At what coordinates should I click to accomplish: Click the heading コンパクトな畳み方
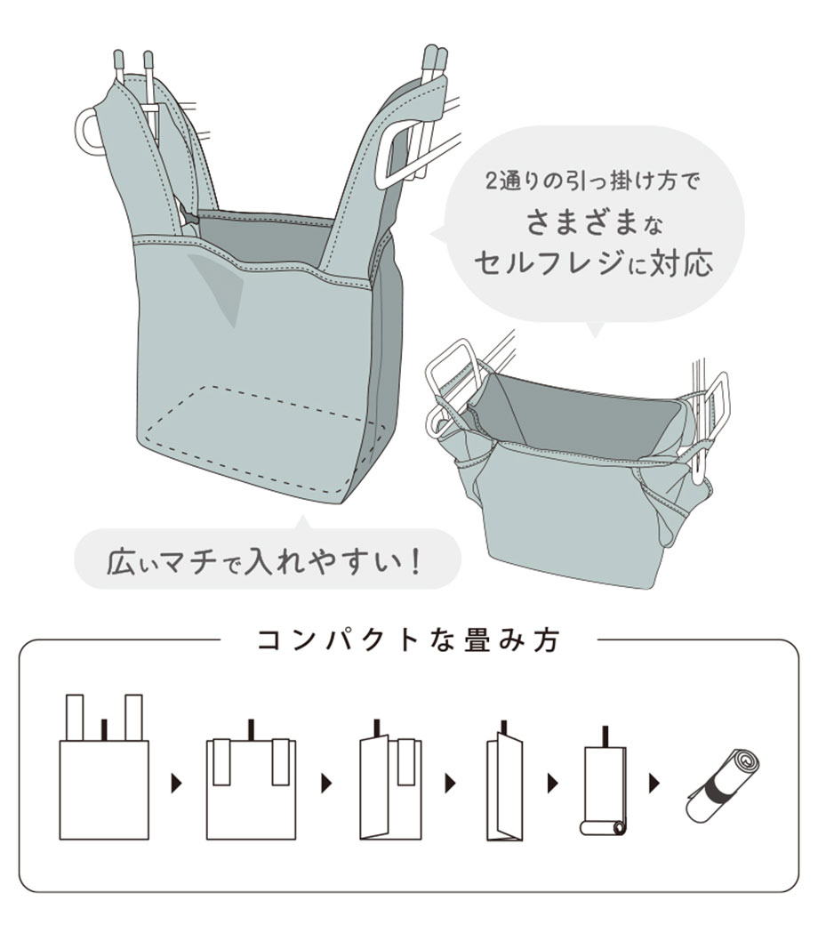[x=408, y=640]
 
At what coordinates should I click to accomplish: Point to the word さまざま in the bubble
[x=582, y=222]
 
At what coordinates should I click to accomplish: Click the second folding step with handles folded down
[x=251, y=779]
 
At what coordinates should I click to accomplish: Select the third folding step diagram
[x=390, y=779]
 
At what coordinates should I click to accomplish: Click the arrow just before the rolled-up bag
[x=654, y=784]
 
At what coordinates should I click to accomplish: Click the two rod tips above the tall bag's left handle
[x=134, y=61]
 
